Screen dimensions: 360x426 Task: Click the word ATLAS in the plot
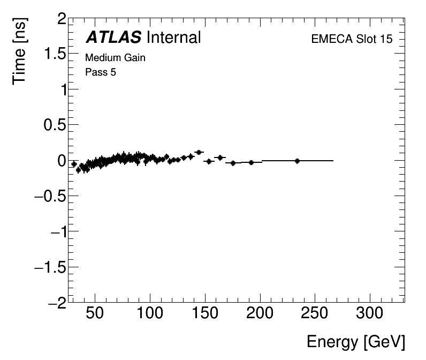[113, 37]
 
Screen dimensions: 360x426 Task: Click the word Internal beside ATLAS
[173, 37]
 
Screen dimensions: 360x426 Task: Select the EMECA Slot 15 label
[351, 40]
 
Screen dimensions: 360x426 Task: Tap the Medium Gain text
[115, 58]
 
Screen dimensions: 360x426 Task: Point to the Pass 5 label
[101, 72]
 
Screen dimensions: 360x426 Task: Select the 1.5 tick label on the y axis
[55, 55]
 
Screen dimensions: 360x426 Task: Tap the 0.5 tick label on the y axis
[55, 125]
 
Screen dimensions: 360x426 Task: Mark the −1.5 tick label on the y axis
[50, 267]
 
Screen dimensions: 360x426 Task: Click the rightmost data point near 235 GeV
[297, 161]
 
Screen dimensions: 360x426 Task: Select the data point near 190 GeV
[251, 162]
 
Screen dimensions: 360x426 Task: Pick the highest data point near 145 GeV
[199, 152]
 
